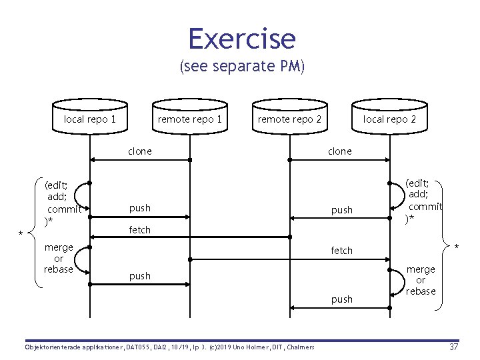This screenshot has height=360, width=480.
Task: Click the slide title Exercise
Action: (x=241, y=39)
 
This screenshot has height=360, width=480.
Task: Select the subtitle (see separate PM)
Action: (x=241, y=67)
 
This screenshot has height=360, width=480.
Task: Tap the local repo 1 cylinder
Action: (x=90, y=119)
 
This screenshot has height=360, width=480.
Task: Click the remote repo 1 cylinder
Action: (x=189, y=119)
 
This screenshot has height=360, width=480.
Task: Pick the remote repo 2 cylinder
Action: (x=289, y=119)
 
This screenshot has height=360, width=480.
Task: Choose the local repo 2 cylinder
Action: (x=389, y=119)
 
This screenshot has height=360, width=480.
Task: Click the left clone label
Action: (x=140, y=151)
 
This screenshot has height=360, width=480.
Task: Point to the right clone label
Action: (x=339, y=151)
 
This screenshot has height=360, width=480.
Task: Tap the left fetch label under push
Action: (x=140, y=230)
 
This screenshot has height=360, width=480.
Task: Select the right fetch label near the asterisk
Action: (x=342, y=251)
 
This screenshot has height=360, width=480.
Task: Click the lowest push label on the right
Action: (x=342, y=299)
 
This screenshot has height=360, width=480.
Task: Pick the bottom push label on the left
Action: (x=140, y=276)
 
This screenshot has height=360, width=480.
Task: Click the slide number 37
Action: (x=453, y=347)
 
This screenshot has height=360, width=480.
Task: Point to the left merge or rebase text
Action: (x=59, y=258)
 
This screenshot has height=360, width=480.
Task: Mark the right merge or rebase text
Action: (x=421, y=280)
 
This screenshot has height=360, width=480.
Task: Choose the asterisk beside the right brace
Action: (x=457, y=248)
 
